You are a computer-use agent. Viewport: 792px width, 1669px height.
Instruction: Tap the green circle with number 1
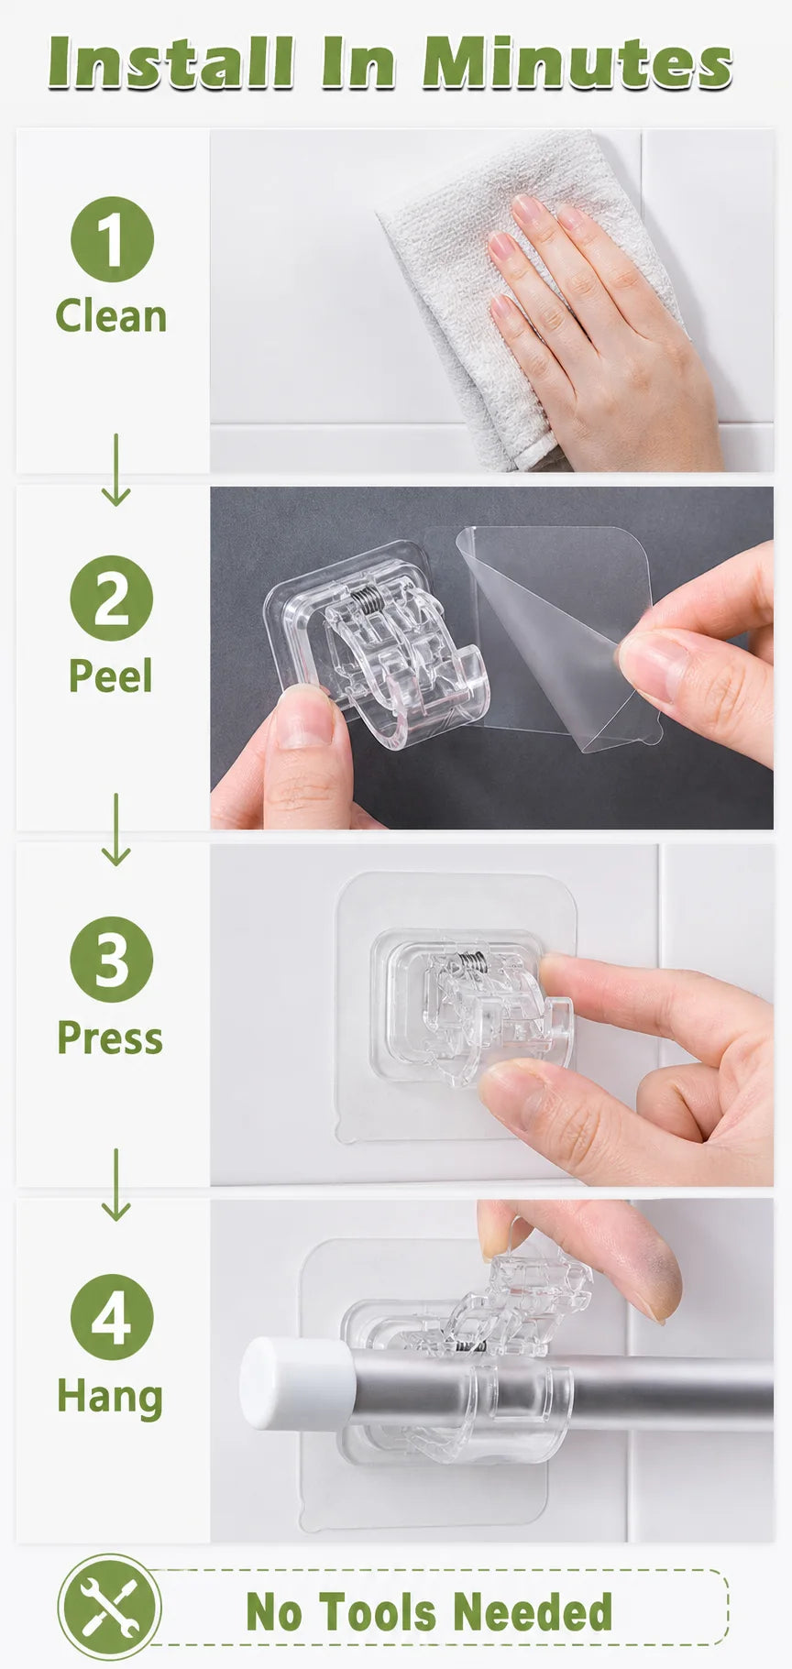[x=112, y=239]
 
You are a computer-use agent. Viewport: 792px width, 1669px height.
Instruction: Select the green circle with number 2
[x=112, y=598]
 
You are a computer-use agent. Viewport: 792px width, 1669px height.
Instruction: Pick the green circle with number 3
[x=112, y=960]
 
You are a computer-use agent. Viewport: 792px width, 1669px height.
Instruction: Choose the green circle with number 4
[x=112, y=1317]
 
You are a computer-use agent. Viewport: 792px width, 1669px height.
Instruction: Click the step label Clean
[x=111, y=316]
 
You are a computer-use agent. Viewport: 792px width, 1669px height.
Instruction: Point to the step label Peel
[x=111, y=676]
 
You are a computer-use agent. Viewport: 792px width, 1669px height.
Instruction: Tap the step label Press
[x=110, y=1038]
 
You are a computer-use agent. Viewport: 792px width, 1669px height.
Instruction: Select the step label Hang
[x=110, y=1398]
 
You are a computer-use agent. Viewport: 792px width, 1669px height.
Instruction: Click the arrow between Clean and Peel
[x=115, y=469]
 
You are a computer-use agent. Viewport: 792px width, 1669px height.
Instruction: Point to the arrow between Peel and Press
[x=115, y=829]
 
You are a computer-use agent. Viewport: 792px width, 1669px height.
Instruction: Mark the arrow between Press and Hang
[x=115, y=1184]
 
